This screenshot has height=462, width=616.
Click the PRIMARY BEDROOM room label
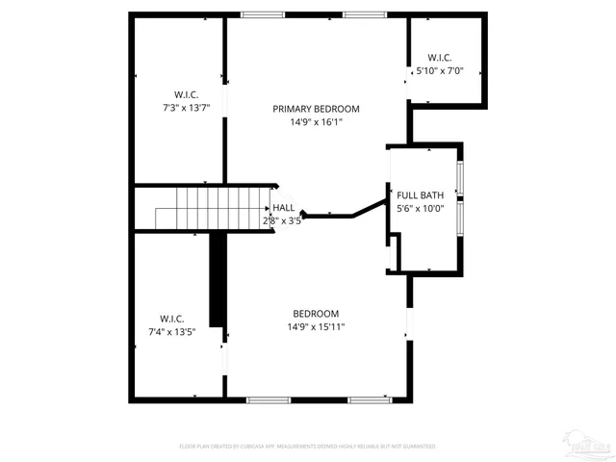tap(316, 109)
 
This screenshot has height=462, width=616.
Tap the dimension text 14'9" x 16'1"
tap(316, 122)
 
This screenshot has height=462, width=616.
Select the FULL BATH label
tap(420, 194)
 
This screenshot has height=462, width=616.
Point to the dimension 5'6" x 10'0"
tap(420, 208)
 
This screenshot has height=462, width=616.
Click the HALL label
tap(283, 207)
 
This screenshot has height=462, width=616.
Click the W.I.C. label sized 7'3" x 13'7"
tap(186, 94)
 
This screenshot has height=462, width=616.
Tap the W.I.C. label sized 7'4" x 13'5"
tap(172, 319)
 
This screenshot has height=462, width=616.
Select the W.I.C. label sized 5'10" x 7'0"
tap(440, 58)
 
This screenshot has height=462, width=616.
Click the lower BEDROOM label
tap(316, 314)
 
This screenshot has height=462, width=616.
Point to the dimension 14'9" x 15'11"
tap(317, 327)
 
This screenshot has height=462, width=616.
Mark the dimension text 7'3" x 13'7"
tap(186, 108)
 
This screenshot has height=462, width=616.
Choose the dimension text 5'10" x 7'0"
tap(440, 71)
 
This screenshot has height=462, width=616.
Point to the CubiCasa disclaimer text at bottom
tap(308, 447)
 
